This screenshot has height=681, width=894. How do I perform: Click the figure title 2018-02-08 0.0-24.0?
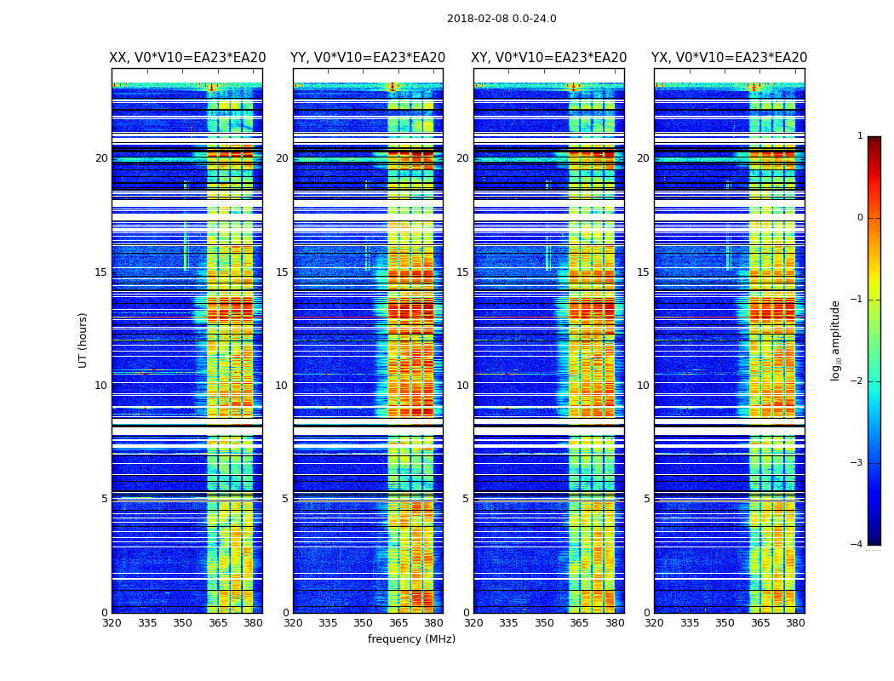click(x=501, y=19)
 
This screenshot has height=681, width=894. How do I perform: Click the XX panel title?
click(x=187, y=58)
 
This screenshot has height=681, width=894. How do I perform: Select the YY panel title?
click(x=368, y=58)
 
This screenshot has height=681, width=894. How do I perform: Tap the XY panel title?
click(x=549, y=58)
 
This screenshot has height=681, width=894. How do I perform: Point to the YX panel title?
click(x=730, y=58)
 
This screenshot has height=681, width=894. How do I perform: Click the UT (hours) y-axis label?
click(x=83, y=340)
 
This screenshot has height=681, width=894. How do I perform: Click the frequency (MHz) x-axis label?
click(x=411, y=639)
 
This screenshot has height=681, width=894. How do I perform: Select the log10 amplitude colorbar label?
click(x=836, y=340)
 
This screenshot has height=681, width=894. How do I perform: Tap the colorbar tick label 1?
click(x=859, y=136)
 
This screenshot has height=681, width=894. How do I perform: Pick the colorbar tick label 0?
click(x=859, y=218)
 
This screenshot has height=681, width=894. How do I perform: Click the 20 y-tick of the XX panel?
click(x=101, y=158)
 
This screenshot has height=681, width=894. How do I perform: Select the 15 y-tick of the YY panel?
click(x=282, y=272)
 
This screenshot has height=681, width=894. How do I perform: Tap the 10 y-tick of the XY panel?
click(x=462, y=386)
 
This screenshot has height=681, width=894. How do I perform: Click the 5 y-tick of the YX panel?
click(x=646, y=499)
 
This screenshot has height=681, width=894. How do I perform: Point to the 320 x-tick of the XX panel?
click(x=112, y=623)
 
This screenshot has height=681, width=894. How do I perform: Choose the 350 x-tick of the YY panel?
click(x=364, y=623)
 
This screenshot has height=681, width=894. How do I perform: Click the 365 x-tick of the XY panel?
click(x=579, y=623)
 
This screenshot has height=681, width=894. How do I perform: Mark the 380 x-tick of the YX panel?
click(x=795, y=623)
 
